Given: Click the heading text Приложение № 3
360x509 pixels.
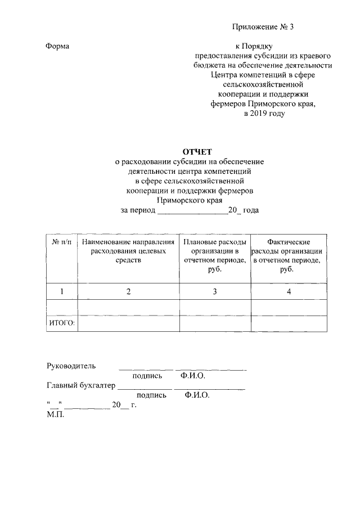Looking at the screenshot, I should click(263, 27).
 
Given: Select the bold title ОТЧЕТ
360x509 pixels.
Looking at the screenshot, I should click(195, 151).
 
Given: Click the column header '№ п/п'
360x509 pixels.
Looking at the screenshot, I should click(61, 241).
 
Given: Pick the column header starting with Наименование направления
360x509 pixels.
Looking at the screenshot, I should click(128, 251).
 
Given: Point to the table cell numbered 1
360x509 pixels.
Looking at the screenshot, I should click(61, 291).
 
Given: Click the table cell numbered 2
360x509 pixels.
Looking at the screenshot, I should click(128, 291).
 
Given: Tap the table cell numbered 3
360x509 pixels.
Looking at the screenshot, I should click(215, 291).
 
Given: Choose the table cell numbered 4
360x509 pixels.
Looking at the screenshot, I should click(289, 291).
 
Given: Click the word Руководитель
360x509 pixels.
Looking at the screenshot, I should click(70, 366).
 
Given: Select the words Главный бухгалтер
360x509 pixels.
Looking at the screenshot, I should click(80, 386).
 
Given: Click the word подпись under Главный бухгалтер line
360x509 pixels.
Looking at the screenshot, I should click(151, 395).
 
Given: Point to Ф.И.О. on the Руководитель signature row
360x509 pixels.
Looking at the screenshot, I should click(193, 375).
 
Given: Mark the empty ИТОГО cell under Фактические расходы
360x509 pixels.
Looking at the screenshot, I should click(289, 323).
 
